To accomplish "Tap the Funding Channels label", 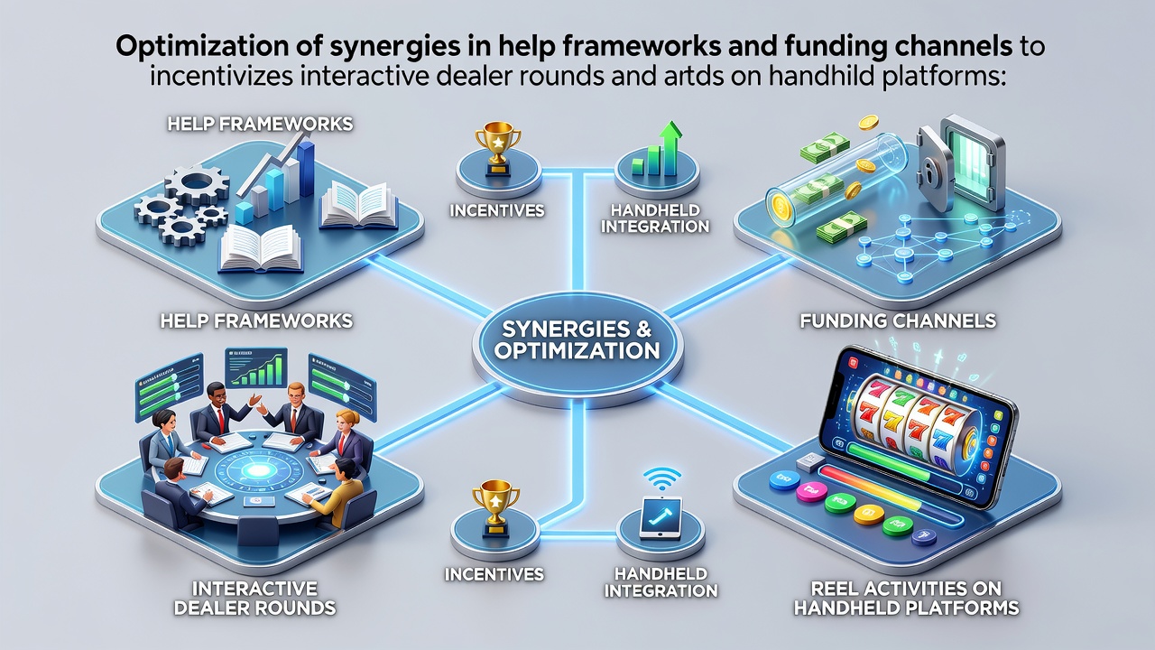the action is (898, 320).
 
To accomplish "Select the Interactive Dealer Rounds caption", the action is (254, 598).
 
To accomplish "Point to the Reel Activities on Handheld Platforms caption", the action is (906, 598).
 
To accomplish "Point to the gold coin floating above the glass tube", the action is (868, 123).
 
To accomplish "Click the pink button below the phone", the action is (811, 490).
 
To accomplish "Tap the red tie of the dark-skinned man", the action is (221, 421).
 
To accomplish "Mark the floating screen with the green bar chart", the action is (255, 367).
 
